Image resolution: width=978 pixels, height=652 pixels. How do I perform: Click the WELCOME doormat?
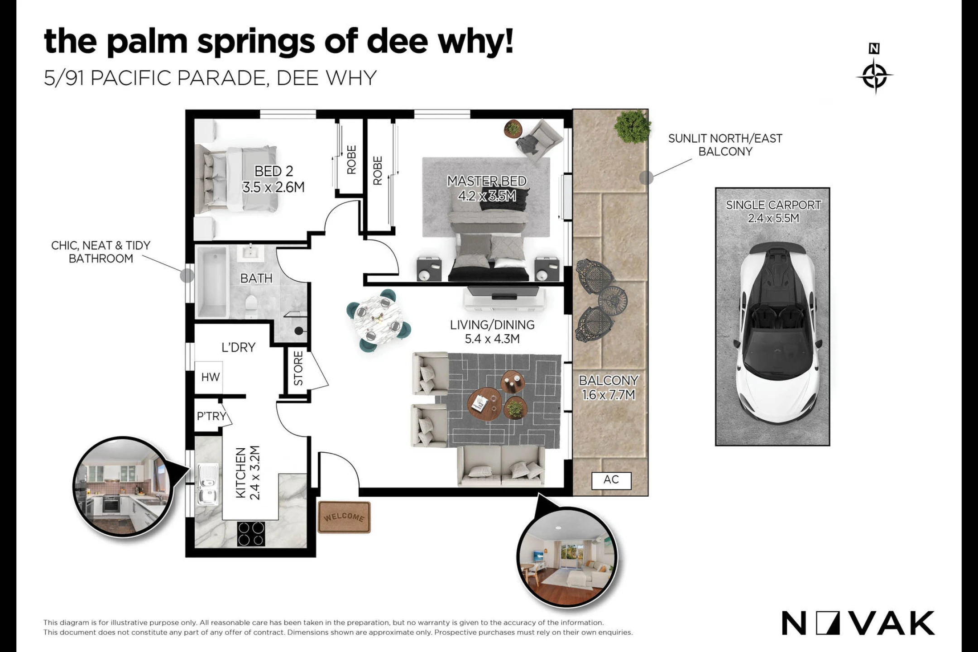click(x=344, y=517)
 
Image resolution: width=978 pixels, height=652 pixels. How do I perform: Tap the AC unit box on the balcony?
click(x=611, y=480)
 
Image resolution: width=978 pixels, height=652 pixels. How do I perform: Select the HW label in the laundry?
click(x=211, y=377)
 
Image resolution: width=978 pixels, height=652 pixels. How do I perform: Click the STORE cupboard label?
click(x=298, y=368)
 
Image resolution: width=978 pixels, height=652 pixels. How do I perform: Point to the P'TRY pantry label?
click(x=211, y=416)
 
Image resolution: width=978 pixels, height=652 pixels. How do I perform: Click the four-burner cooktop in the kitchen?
click(x=251, y=534)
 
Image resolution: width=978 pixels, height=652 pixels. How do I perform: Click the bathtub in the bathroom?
click(x=213, y=281)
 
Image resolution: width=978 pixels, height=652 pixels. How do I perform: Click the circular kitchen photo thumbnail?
click(x=122, y=487)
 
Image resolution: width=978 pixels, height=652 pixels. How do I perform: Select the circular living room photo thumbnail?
click(x=567, y=557)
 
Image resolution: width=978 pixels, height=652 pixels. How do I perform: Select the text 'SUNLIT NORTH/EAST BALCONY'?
click(x=725, y=145)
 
